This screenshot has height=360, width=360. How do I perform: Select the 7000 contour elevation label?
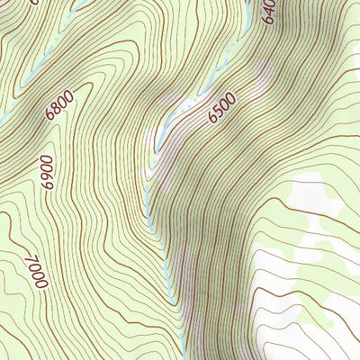[36, 271]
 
